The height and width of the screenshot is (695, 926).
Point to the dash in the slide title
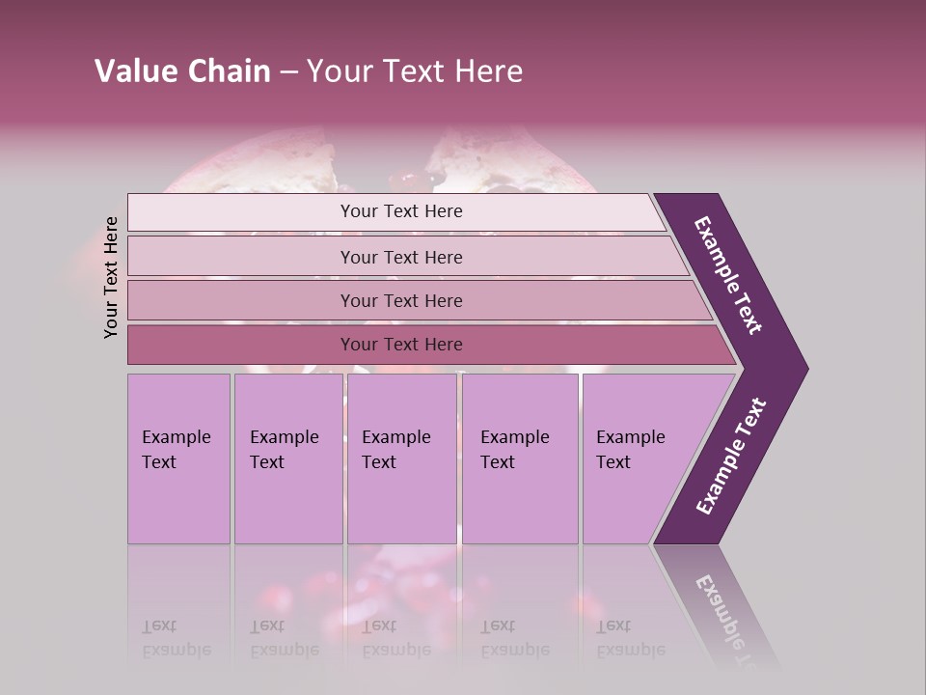click(288, 72)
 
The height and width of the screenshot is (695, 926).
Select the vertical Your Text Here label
click(111, 277)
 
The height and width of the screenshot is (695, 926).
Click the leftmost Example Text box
click(178, 459)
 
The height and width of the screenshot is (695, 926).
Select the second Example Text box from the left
click(288, 459)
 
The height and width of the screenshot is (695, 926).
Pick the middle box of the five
click(401, 459)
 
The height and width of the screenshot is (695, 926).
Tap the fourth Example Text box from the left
click(520, 459)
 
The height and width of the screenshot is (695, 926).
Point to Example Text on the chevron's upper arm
click(728, 275)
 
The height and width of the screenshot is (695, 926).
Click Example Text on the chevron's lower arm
click(730, 457)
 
